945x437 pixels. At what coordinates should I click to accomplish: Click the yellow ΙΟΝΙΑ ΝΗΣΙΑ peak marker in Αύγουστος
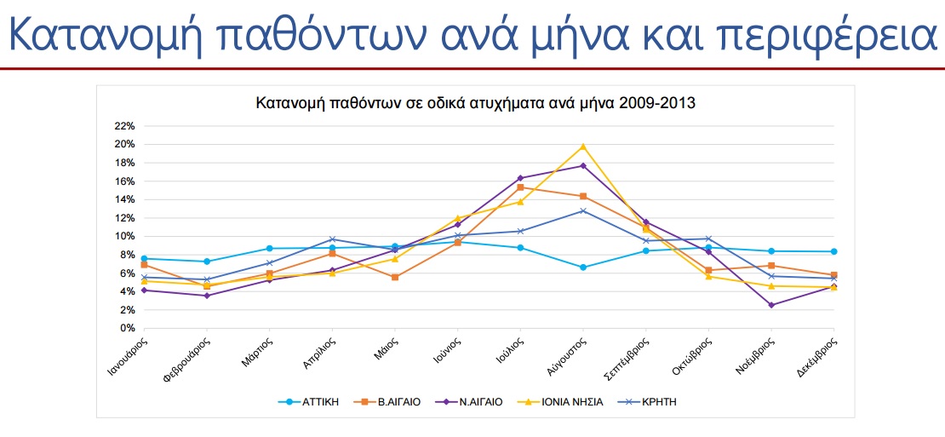tap(583, 147)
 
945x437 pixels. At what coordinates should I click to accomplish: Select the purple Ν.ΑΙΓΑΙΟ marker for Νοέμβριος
tap(771, 305)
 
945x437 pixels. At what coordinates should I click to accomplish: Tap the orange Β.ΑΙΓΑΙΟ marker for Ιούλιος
tap(520, 187)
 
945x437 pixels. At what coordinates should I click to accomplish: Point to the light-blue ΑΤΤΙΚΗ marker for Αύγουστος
tap(583, 267)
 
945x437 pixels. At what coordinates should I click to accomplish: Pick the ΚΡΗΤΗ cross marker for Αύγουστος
tap(583, 210)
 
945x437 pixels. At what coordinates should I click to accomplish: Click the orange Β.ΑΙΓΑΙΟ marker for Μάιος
tap(395, 277)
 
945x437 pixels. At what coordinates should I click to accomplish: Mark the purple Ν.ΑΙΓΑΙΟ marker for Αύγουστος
tap(583, 165)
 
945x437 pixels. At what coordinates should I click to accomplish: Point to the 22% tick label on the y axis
tap(124, 125)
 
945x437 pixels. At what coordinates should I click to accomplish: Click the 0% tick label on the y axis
tap(127, 328)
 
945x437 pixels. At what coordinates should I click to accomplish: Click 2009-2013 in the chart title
tap(659, 104)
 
